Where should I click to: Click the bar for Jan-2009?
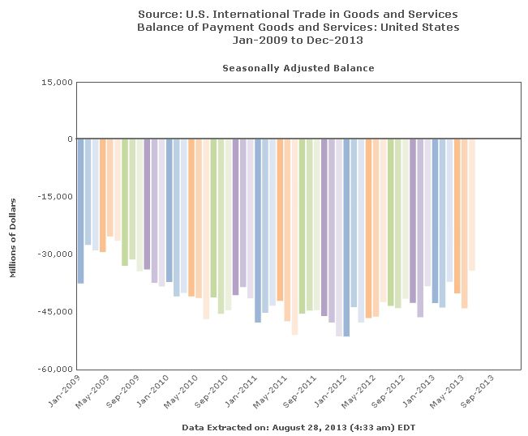coord(81,211)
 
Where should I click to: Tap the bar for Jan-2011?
coord(258,230)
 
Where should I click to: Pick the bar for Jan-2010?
coord(170,210)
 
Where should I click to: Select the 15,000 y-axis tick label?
coord(58,82)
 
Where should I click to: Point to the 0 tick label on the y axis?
coord(71,139)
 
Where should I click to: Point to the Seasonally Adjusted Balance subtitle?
coord(298,68)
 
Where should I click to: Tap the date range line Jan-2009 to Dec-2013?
coord(298,39)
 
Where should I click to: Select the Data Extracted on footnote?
coord(298,426)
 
